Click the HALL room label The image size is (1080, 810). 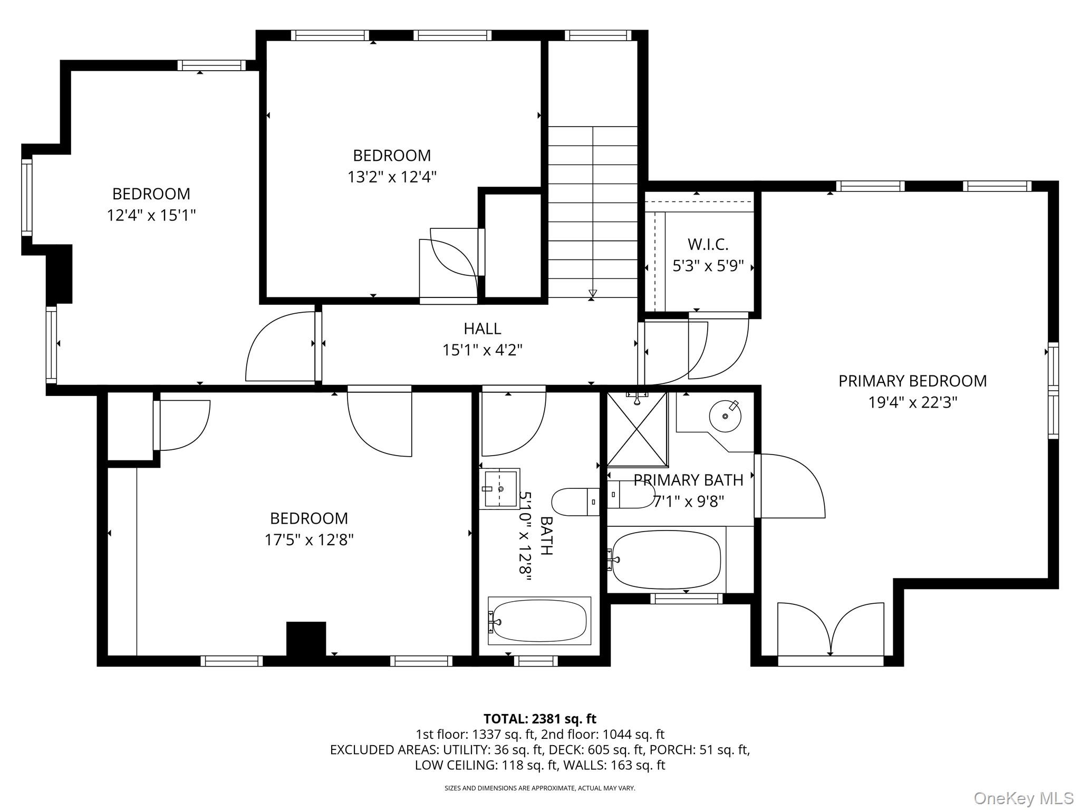(x=482, y=329)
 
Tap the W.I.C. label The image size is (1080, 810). (x=708, y=244)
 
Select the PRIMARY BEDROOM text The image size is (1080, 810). (x=912, y=381)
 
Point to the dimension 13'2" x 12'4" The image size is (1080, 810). (x=392, y=177)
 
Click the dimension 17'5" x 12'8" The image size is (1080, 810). (x=308, y=540)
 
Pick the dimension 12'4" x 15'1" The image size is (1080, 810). (x=151, y=215)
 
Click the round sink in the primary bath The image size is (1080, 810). (x=725, y=416)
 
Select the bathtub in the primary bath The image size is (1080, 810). (x=667, y=560)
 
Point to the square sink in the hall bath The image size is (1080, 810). (x=499, y=488)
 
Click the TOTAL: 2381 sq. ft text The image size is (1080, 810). (x=539, y=719)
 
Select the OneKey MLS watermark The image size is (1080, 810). (x=1023, y=798)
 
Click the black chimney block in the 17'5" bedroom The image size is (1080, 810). (x=306, y=639)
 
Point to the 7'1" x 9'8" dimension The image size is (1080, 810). (x=689, y=502)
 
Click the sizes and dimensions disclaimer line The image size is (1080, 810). (x=539, y=788)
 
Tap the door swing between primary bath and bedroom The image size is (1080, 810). (x=791, y=485)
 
